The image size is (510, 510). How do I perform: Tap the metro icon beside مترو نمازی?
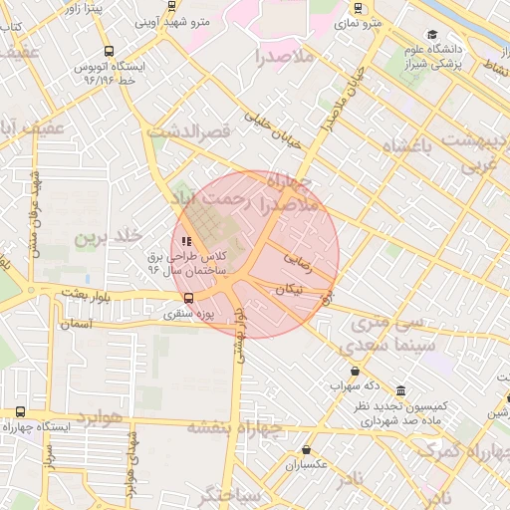pyautogui.click(x=358, y=9)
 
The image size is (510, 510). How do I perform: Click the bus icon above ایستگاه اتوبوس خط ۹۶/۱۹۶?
pyautogui.click(x=108, y=50)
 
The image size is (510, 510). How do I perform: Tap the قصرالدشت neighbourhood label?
pyautogui.click(x=188, y=130)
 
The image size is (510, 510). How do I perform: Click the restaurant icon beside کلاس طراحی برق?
pyautogui.click(x=185, y=240)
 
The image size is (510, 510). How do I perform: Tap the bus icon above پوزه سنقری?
pyautogui.click(x=189, y=297)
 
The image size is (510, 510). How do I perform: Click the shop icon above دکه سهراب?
pyautogui.click(x=356, y=371)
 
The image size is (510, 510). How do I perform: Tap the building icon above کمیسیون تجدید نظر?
pyautogui.click(x=400, y=390)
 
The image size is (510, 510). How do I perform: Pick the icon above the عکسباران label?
pyautogui.click(x=306, y=450)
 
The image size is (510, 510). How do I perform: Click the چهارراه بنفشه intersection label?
pyautogui.click(x=249, y=427)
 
